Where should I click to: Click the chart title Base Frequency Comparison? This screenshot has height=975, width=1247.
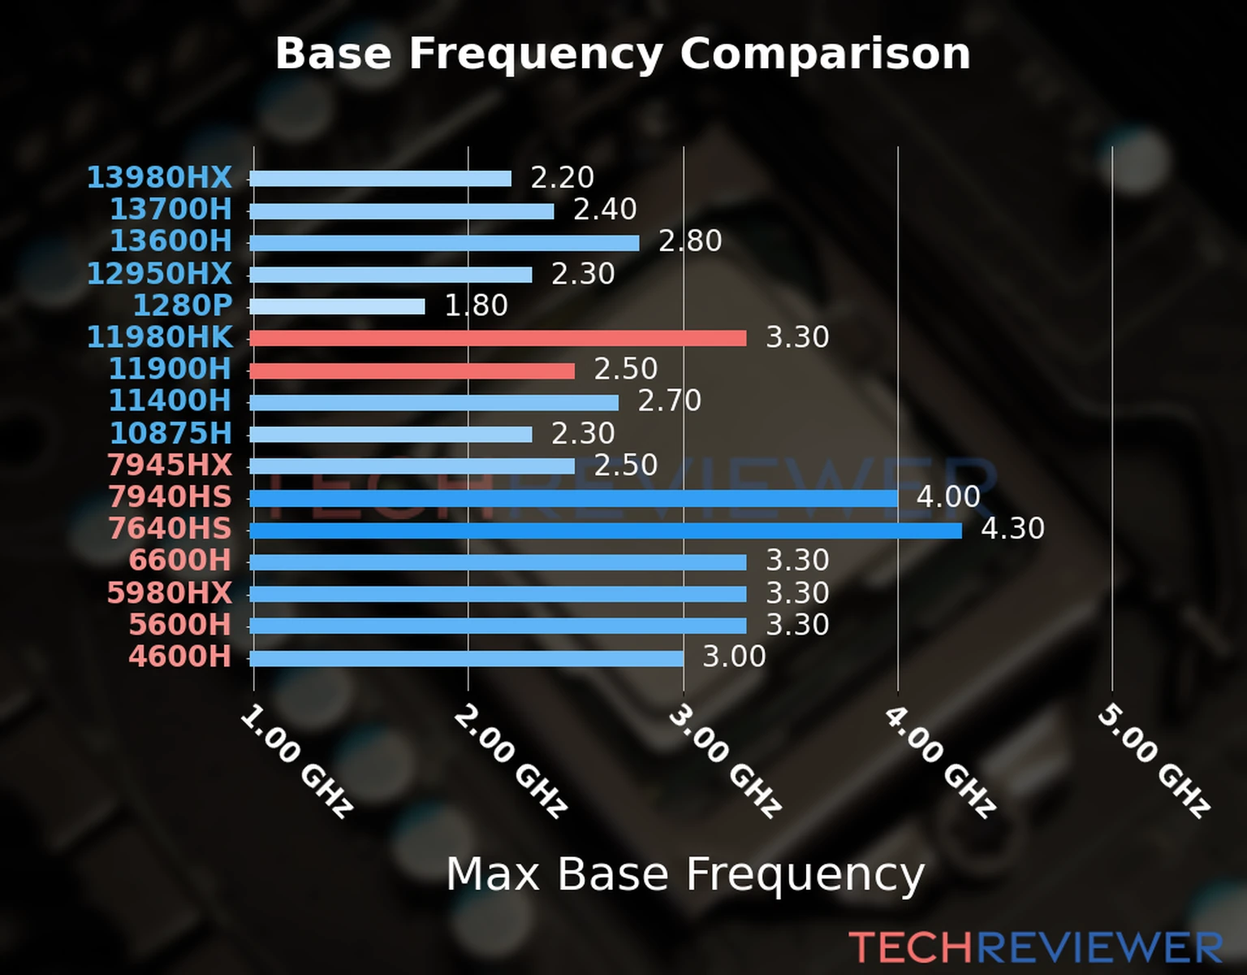click(623, 54)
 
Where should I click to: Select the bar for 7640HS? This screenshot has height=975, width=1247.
click(605, 531)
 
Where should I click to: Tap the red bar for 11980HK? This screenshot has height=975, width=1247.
click(498, 338)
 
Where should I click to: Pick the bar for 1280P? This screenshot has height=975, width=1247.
click(337, 306)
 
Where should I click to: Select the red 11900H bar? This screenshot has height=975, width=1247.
click(412, 370)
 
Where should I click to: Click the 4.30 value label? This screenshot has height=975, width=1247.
click(1012, 529)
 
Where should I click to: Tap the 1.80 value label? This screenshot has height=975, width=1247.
click(476, 305)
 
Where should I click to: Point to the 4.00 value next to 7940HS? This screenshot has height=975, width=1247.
click(948, 496)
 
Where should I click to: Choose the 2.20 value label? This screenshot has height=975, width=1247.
click(562, 177)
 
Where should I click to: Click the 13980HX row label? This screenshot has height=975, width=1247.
click(159, 177)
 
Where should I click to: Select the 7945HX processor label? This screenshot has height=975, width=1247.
click(169, 466)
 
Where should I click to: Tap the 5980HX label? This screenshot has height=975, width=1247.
click(169, 593)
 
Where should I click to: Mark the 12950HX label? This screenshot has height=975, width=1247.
click(159, 274)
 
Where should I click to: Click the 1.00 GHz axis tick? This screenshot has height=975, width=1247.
click(296, 760)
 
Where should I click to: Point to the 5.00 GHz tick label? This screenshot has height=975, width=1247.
click(1154, 760)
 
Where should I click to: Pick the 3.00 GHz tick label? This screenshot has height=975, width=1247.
click(725, 760)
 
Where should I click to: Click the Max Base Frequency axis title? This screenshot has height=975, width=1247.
click(685, 875)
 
